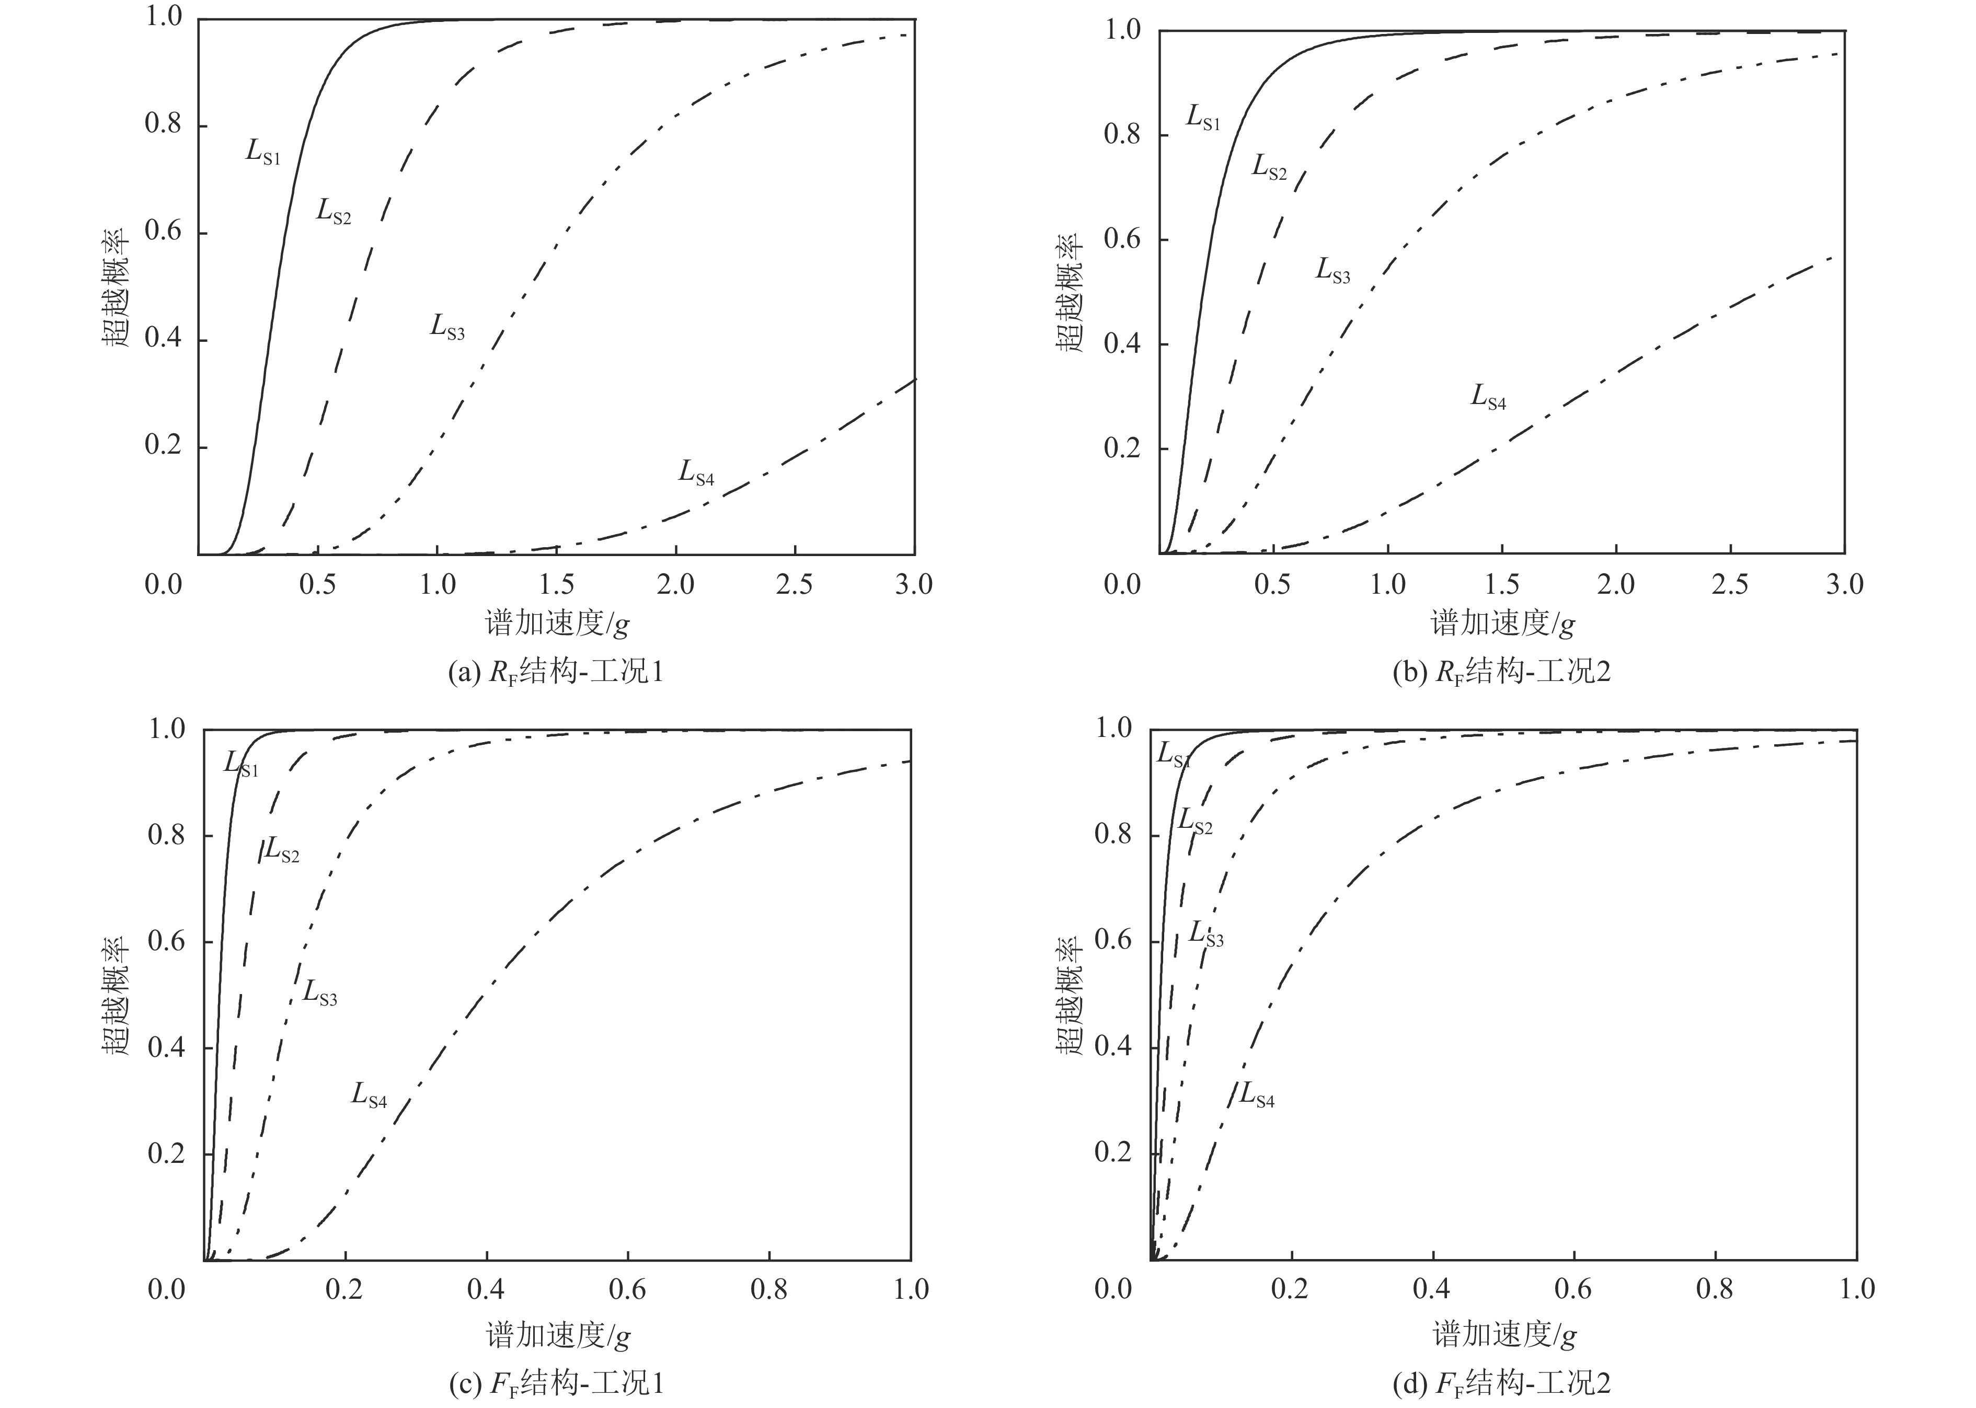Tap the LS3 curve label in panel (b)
click(1332, 271)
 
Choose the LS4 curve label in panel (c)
click(369, 1096)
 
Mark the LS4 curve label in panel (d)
click(1256, 1096)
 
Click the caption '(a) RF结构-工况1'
click(556, 673)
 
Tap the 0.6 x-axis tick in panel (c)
click(627, 1289)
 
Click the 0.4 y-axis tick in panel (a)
click(164, 339)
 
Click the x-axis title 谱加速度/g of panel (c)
click(557, 1336)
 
